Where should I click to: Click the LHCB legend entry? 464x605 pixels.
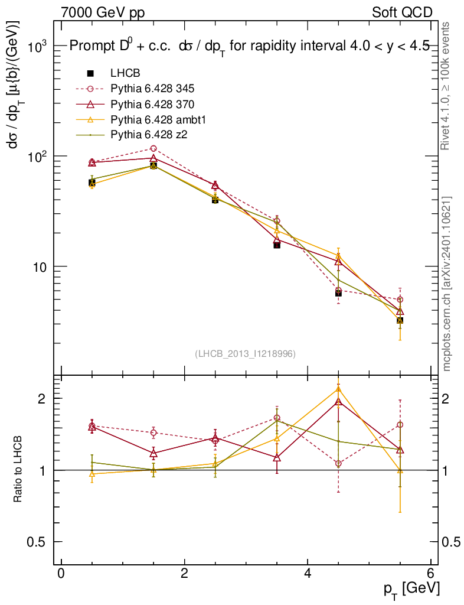click(125, 74)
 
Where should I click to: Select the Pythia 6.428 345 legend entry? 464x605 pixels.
click(152, 89)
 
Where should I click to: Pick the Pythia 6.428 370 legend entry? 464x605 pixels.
click(152, 105)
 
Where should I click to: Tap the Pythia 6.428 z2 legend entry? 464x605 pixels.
click(149, 135)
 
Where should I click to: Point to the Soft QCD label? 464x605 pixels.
click(402, 12)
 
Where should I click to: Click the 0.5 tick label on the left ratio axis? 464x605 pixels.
click(40, 542)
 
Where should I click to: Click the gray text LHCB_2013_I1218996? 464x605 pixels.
click(245, 354)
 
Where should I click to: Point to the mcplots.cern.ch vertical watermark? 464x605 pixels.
click(447, 283)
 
